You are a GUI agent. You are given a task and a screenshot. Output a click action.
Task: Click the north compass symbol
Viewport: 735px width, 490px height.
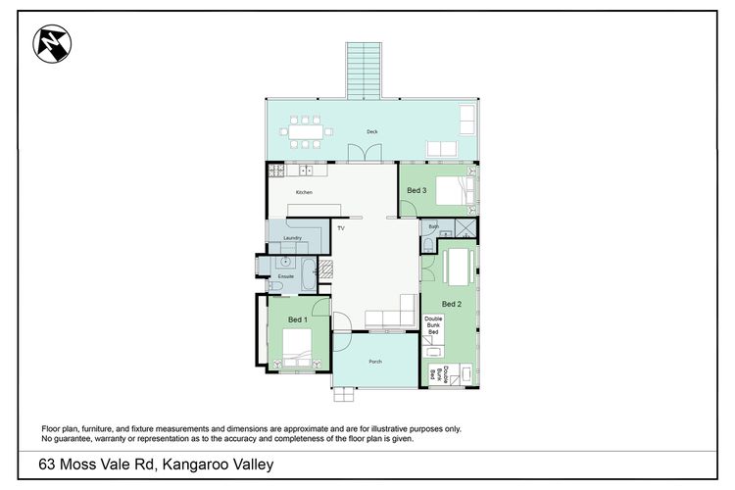[x=52, y=43]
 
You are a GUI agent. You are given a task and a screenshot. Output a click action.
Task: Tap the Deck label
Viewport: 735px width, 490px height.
[x=372, y=131]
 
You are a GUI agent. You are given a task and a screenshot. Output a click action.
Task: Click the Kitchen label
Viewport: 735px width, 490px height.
[x=304, y=192]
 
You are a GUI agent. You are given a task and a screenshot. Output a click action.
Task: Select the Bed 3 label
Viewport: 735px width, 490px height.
[x=416, y=190]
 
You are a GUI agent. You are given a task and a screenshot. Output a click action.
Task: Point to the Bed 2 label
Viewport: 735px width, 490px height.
[x=452, y=304]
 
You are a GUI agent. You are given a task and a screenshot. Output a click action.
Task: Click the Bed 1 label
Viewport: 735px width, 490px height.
[x=298, y=319]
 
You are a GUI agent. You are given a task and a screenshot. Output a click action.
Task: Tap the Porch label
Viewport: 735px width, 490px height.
[x=375, y=362]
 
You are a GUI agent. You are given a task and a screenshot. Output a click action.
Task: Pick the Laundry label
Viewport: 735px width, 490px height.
[x=292, y=238]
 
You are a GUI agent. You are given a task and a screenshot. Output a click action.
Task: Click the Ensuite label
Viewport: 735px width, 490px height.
[x=285, y=276]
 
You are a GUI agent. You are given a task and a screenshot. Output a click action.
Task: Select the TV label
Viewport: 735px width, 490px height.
[x=341, y=228]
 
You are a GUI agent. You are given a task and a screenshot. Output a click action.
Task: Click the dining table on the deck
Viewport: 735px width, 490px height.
[x=306, y=131]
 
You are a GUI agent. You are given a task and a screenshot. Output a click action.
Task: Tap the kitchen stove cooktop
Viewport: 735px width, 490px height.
[x=276, y=170]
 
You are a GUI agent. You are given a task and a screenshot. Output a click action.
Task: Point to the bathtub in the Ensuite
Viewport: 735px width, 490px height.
[x=309, y=273]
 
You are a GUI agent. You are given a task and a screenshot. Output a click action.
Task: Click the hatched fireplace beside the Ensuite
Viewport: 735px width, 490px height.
[x=325, y=269]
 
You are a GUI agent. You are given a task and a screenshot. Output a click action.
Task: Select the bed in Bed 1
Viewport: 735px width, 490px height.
[x=297, y=348]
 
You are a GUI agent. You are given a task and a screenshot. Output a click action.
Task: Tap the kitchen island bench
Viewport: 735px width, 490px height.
[x=314, y=210]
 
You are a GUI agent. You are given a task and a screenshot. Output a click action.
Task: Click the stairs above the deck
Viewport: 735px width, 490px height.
[x=365, y=71]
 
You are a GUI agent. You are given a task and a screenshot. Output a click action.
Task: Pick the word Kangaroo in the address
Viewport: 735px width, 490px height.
[x=192, y=465]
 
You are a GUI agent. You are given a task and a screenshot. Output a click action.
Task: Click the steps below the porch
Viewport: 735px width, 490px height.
[x=344, y=394]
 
